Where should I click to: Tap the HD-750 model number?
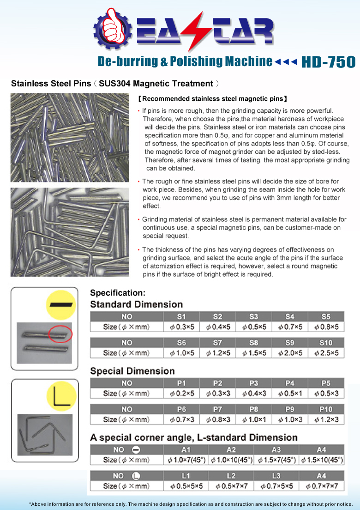[x=328, y=62]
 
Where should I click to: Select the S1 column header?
[x=181, y=316]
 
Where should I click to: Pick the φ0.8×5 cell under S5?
[x=326, y=327]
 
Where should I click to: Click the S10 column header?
[x=326, y=343]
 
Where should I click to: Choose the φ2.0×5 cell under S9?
[x=290, y=353]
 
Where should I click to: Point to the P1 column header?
[x=181, y=383]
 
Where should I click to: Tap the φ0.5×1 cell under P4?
[x=290, y=393]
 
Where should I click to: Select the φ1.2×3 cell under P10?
[x=326, y=419]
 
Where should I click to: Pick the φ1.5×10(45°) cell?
[x=322, y=460]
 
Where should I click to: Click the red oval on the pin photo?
[x=60, y=334]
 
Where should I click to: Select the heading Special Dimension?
[x=132, y=371]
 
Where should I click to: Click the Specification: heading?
[x=118, y=293]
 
